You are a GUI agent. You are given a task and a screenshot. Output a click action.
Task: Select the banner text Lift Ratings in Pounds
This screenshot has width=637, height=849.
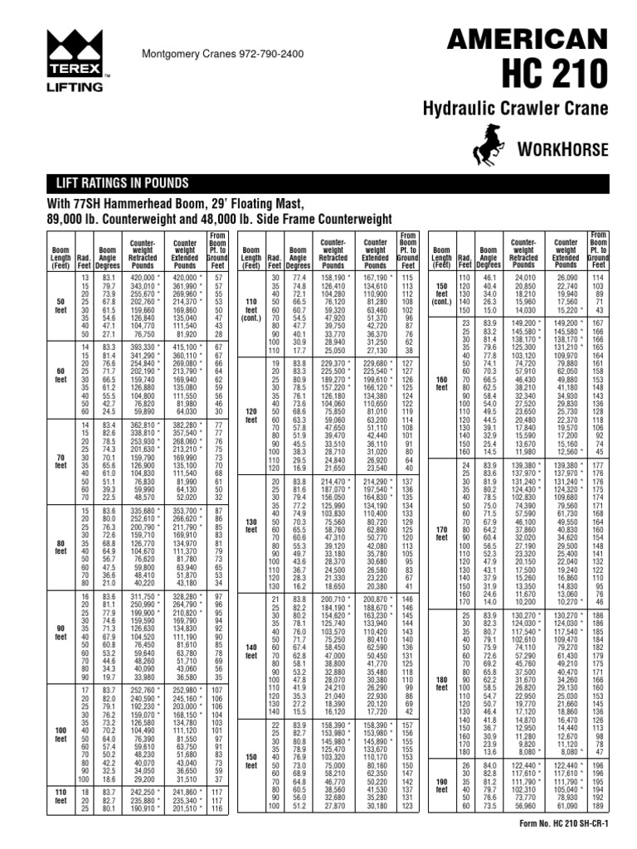122,182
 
